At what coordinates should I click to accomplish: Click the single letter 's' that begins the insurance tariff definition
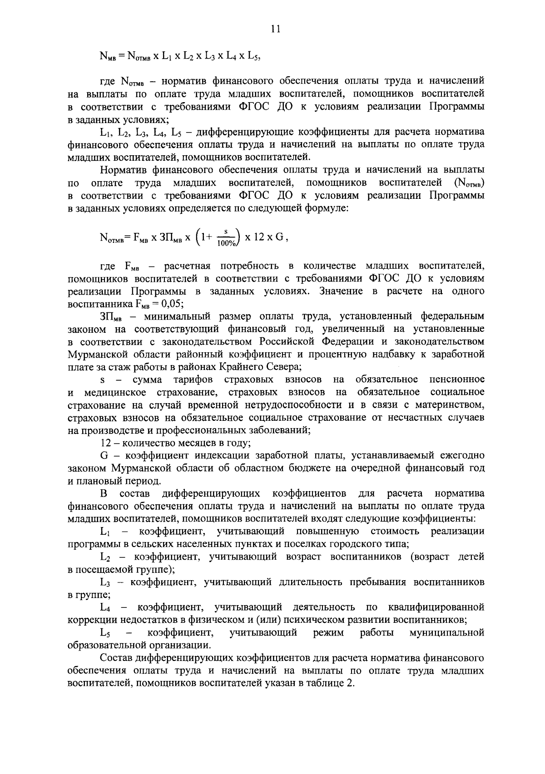(102, 379)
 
